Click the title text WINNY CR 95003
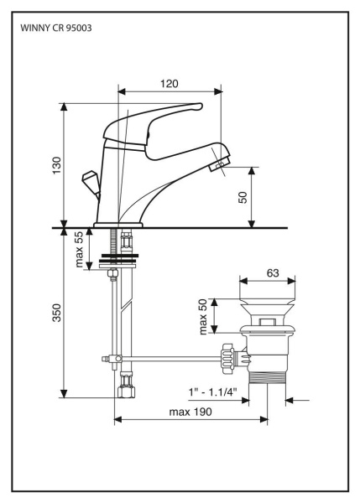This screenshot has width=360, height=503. [56, 29]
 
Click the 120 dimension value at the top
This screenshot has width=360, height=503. [170, 85]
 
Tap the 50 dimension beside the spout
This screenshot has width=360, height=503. [243, 198]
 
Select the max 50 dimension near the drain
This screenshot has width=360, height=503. [202, 316]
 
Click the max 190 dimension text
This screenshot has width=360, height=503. [190, 412]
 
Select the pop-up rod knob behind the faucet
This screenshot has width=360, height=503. [87, 182]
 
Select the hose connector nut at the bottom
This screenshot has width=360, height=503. [125, 391]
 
